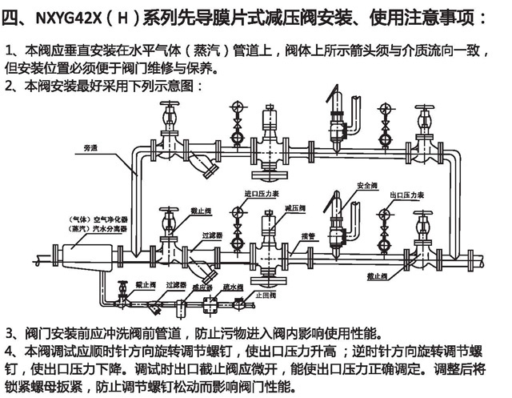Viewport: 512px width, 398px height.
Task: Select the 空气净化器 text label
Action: pyautogui.click(x=95, y=218)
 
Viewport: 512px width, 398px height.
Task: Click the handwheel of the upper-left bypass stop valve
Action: pyautogui.click(x=170, y=107)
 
